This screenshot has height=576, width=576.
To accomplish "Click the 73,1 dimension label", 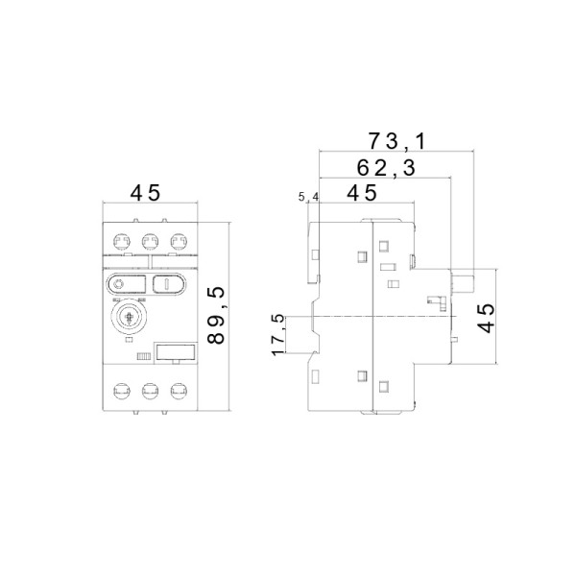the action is click(x=396, y=141).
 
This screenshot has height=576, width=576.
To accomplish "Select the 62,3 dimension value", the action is click(x=386, y=168).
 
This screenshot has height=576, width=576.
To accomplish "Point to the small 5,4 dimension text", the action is click(x=308, y=197).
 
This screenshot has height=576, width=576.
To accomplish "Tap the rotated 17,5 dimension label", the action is click(x=278, y=335).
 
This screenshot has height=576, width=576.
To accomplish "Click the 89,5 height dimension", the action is click(x=216, y=316).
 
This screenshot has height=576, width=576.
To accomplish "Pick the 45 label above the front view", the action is click(x=146, y=193).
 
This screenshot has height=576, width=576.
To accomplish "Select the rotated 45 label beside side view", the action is click(x=487, y=318).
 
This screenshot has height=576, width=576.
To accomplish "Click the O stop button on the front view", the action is click(x=126, y=284).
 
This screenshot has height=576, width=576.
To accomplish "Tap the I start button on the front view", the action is click(x=169, y=284).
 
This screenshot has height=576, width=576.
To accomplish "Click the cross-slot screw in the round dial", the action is click(x=130, y=316).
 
